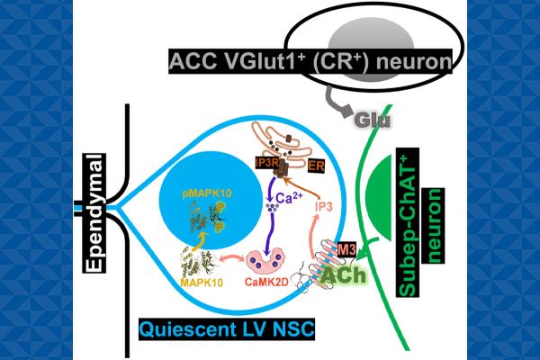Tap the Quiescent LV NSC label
(227, 329)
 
